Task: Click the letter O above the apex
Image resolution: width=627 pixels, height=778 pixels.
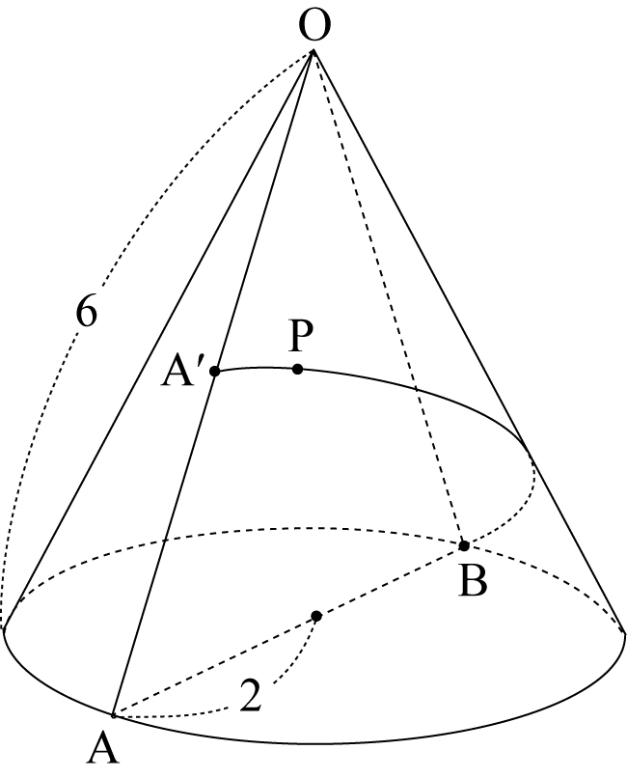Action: pos(315,26)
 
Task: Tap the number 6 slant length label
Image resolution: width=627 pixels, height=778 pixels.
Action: pos(86,312)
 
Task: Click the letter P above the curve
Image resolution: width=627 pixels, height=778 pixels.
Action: pos(301,335)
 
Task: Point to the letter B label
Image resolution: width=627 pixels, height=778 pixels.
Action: pos(473,580)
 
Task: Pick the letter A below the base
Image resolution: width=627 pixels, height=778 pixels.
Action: pos(103,749)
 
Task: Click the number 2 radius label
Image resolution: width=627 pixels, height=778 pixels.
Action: pos(251,696)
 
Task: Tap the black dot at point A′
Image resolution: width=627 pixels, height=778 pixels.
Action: pos(214,371)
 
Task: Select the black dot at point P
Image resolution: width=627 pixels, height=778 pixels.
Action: pos(297,369)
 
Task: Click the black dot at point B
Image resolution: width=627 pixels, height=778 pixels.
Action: pos(464,545)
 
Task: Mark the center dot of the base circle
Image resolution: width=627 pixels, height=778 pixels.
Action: pos(316,616)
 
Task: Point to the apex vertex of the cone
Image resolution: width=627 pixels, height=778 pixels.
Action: pos(313,50)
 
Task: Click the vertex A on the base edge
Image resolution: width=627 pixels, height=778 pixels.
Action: pos(114,716)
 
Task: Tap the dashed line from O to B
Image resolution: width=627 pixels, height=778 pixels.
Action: pos(389,297)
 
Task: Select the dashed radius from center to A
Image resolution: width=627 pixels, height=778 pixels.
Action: pos(215,666)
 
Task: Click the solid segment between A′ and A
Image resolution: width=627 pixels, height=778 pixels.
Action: pos(164,543)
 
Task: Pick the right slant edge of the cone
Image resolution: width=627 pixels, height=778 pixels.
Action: pos(469,341)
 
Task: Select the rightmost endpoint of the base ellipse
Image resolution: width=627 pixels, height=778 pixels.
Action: pos(624,631)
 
